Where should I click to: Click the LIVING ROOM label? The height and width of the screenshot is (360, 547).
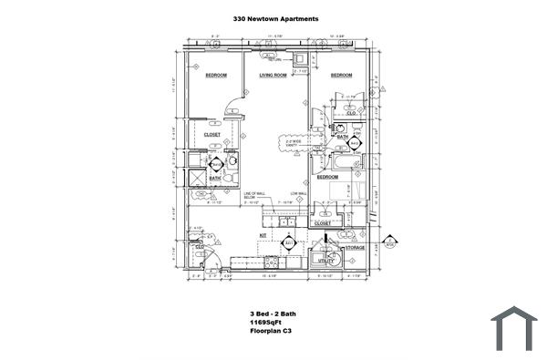point(273,76)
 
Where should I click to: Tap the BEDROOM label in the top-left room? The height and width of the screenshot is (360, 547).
point(215,76)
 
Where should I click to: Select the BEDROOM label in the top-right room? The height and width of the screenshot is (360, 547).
point(341,76)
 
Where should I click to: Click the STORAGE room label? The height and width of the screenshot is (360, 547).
point(355,248)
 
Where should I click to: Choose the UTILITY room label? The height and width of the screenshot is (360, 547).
point(325,261)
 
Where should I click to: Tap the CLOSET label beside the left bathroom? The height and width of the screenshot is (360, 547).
point(212,135)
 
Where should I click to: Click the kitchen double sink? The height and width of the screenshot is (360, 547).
point(287,221)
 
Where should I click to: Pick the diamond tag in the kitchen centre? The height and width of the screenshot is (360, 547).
point(290,244)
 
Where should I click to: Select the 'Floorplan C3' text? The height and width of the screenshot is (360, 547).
point(271,332)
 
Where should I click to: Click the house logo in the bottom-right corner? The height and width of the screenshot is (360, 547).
point(514,328)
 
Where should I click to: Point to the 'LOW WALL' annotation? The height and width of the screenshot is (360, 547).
point(298,194)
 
